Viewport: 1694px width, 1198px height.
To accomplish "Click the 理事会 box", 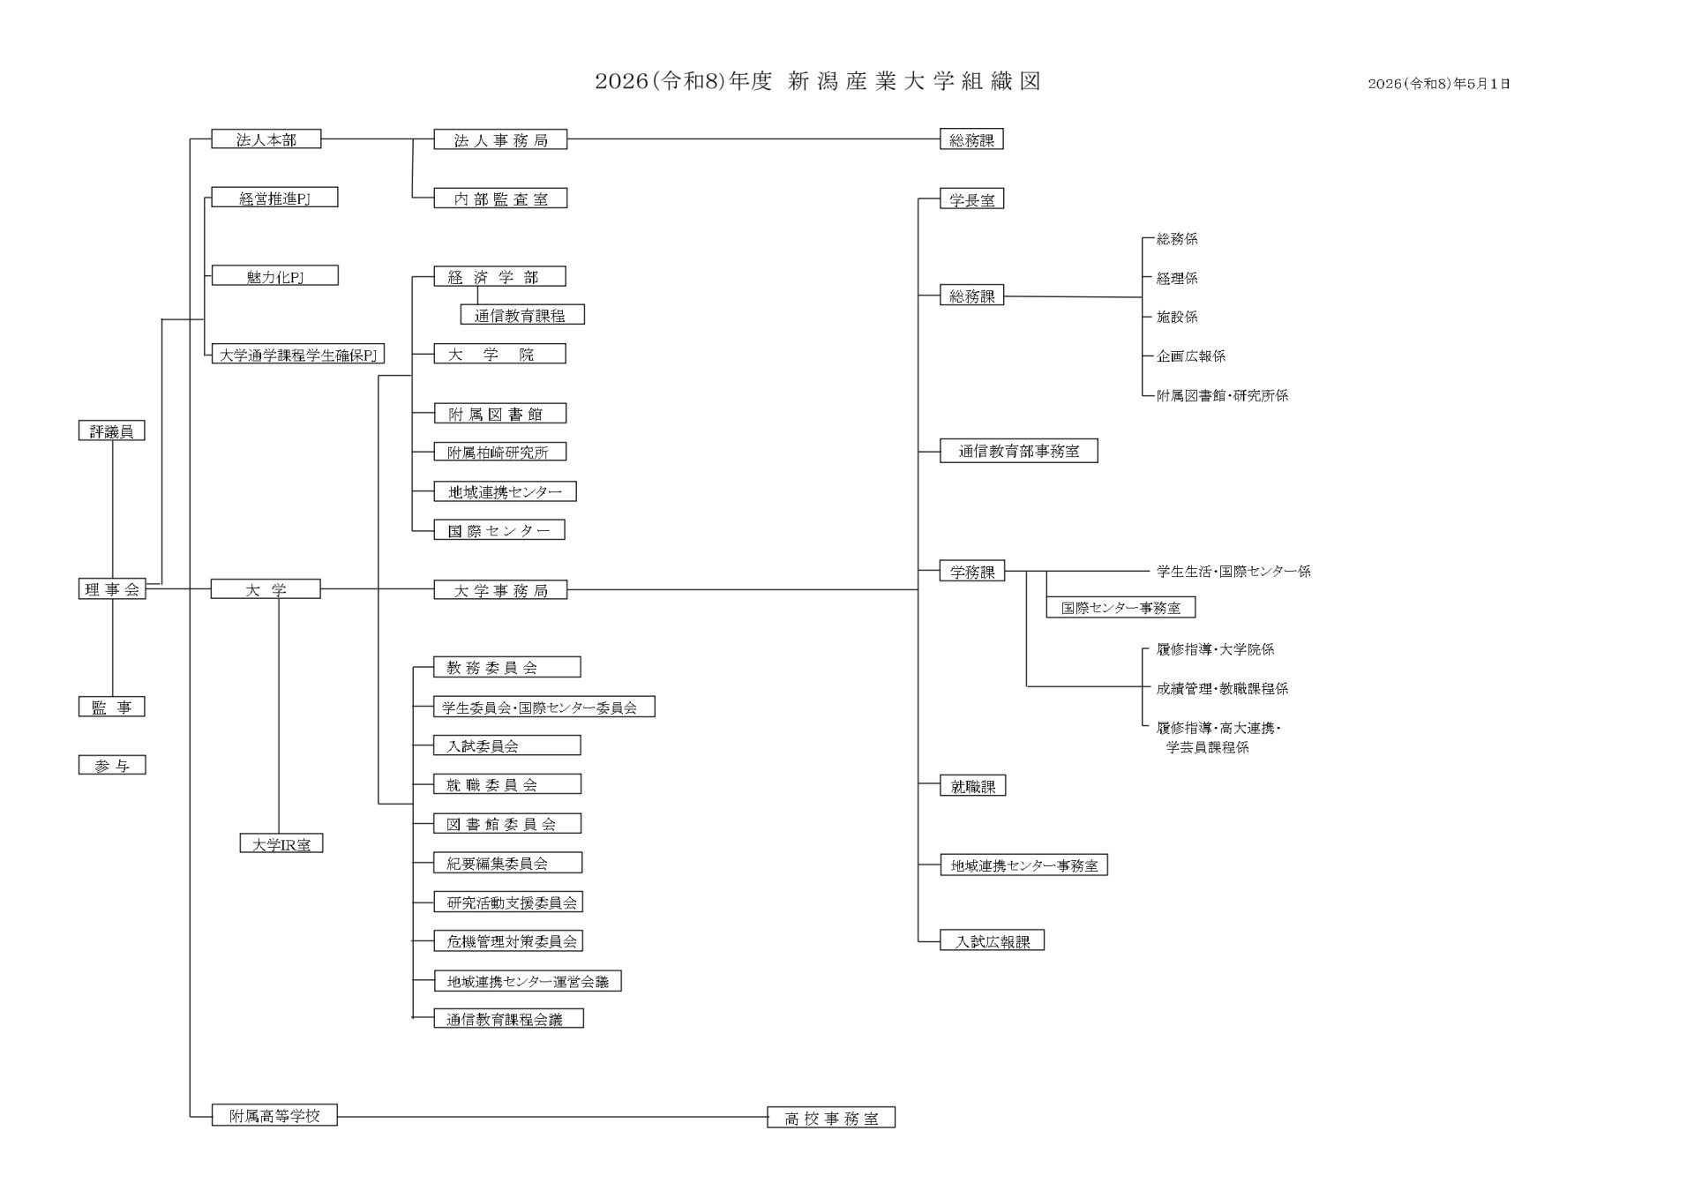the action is coord(112,589).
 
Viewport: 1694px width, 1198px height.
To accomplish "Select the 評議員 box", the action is coord(112,431).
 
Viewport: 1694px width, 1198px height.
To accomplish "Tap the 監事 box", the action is coord(112,707).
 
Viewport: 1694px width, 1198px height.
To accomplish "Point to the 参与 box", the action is coord(112,766).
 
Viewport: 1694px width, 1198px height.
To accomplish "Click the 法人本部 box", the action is coord(266,139).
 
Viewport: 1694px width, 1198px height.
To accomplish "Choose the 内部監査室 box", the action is coord(500,198).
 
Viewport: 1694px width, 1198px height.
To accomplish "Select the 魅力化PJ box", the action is coord(275,276).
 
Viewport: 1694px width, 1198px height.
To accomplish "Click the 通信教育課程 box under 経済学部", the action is coord(522,315).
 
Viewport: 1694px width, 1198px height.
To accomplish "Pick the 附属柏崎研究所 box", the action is coord(500,452).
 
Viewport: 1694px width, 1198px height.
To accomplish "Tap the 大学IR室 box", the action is coord(281,844).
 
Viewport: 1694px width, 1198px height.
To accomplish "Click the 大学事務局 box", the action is coord(500,590).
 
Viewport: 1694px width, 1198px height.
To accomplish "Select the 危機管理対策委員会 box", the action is coord(509,941).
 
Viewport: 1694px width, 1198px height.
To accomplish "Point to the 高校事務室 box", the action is coord(831,1118).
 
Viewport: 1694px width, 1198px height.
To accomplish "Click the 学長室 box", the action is coord(972,199).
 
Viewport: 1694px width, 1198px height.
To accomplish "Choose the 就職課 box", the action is coord(973,786).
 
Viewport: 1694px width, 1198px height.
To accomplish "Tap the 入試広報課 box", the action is coord(993,940).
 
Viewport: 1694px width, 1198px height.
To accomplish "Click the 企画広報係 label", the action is coord(1191,356).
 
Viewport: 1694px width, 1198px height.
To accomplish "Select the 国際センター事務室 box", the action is coord(1121,607).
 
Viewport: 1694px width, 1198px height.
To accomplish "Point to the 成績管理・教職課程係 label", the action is coord(1222,688).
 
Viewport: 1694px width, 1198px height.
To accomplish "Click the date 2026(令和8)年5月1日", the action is coord(1439,84).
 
